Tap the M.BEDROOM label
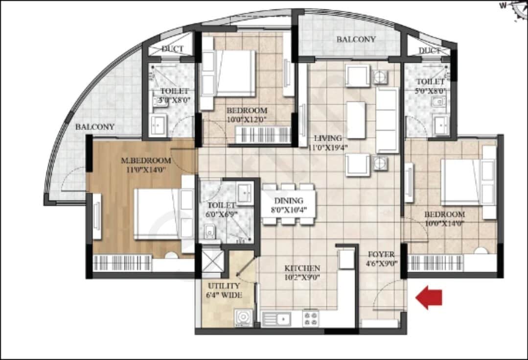[x=146, y=161]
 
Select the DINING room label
[x=289, y=200]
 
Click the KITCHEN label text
[x=303, y=268]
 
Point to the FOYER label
[x=381, y=255]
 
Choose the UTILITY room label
[x=224, y=286]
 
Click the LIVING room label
[x=328, y=138]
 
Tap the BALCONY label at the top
[x=356, y=39]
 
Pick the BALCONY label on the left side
[x=94, y=127]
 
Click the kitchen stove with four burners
[x=311, y=318]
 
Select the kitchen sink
[x=276, y=319]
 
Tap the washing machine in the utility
[x=243, y=318]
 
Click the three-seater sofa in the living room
[x=388, y=120]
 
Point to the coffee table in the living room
[x=356, y=120]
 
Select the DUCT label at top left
[x=172, y=49]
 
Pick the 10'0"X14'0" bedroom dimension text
[x=444, y=223]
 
